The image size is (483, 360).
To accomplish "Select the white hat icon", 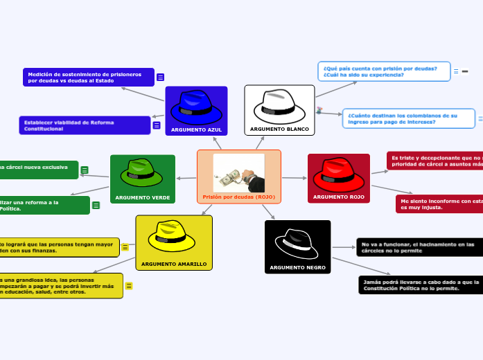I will pyautogui.click(x=279, y=106).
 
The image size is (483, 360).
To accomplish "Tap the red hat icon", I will pyautogui.click(x=338, y=174).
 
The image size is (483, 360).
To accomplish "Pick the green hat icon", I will pyautogui.click(x=141, y=173).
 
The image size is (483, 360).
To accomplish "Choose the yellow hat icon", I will pyautogui.click(x=173, y=237).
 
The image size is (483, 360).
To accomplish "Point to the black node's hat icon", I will pyautogui.click(x=297, y=242).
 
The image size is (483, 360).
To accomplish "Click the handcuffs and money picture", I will pyautogui.click(x=239, y=173).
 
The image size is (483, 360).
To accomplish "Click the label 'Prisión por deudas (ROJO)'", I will pyautogui.click(x=239, y=197).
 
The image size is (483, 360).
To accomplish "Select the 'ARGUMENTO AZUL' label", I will pyautogui.click(x=196, y=129).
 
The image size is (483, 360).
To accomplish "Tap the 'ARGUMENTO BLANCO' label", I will pyautogui.click(x=279, y=129).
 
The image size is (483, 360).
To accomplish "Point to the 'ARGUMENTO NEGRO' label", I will pyautogui.click(x=297, y=267).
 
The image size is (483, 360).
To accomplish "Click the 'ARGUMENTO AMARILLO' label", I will pyautogui.click(x=173, y=264).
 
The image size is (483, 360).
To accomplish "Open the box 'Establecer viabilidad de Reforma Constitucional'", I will pyautogui.click(x=85, y=125).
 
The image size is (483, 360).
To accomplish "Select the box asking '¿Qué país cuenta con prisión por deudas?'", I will pyautogui.click(x=385, y=71).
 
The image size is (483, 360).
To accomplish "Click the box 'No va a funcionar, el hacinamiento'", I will pyautogui.click(x=419, y=247).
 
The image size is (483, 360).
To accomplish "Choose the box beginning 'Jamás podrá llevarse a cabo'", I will pyautogui.click(x=421, y=285).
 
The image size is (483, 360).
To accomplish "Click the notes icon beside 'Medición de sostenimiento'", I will pyautogui.click(x=160, y=78).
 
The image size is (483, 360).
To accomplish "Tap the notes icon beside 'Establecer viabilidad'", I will pyautogui.click(x=157, y=125).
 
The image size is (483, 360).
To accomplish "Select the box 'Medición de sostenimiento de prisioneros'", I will pyautogui.click(x=88, y=77).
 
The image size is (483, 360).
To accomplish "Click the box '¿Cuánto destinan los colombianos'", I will pyautogui.click(x=409, y=118).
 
